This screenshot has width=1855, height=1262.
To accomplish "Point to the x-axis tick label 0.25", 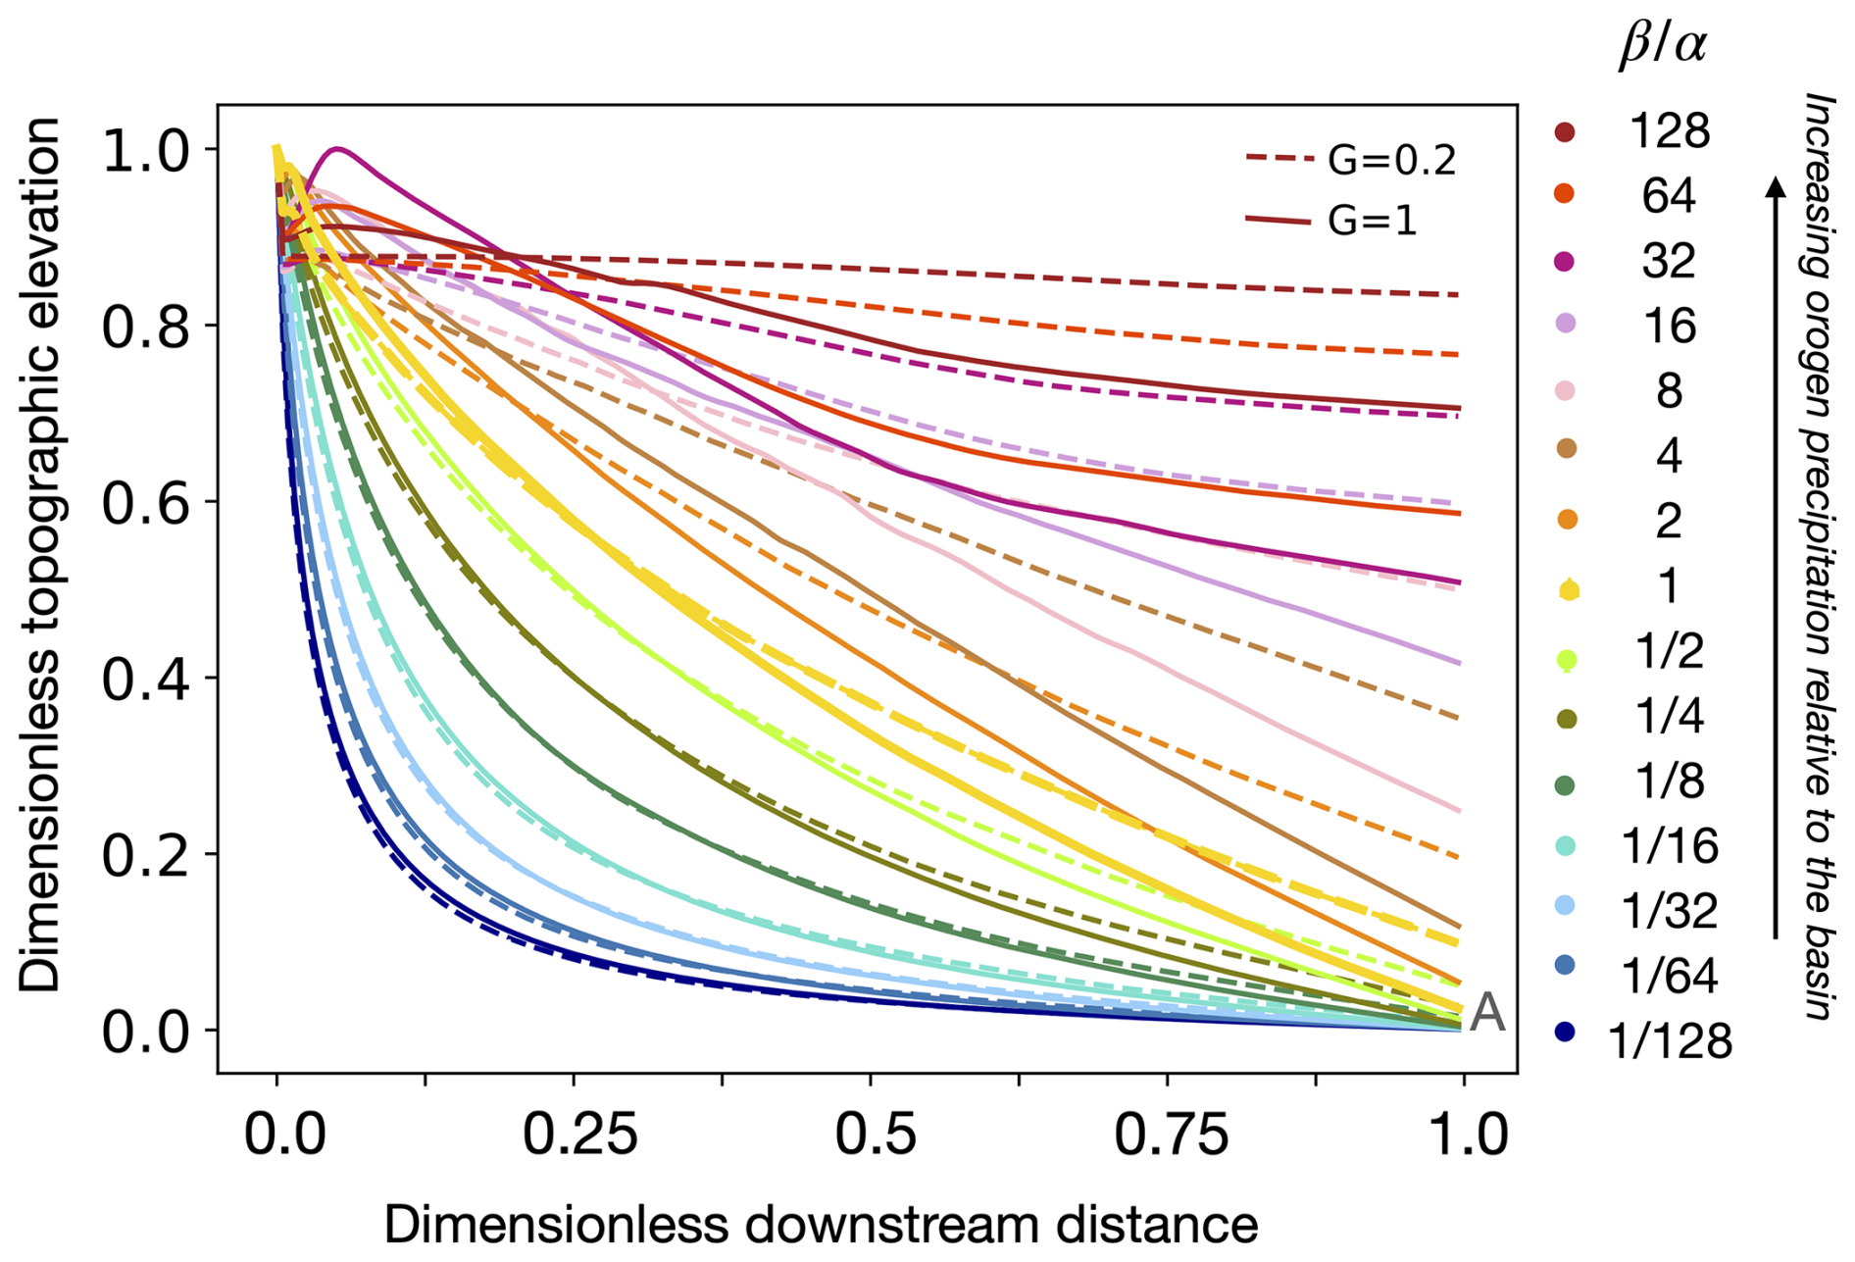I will click(x=579, y=1135).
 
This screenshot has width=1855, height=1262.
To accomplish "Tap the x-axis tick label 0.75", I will click(x=1171, y=1135).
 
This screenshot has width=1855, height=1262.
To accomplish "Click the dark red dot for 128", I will click(x=1565, y=131).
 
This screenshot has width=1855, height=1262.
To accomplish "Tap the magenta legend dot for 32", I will click(x=1565, y=261).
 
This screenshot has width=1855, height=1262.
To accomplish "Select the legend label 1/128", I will click(x=1670, y=1040).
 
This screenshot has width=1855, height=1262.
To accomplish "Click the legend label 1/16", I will click(x=1670, y=845).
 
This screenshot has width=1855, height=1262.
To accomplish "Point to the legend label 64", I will click(x=1669, y=196).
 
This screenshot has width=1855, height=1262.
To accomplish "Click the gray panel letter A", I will click(x=1487, y=1012).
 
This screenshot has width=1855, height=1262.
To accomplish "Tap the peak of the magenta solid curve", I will click(x=338, y=149).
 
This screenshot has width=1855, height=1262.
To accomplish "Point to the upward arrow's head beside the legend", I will click(x=1775, y=185).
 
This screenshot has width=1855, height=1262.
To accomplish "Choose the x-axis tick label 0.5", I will click(x=876, y=1135).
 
